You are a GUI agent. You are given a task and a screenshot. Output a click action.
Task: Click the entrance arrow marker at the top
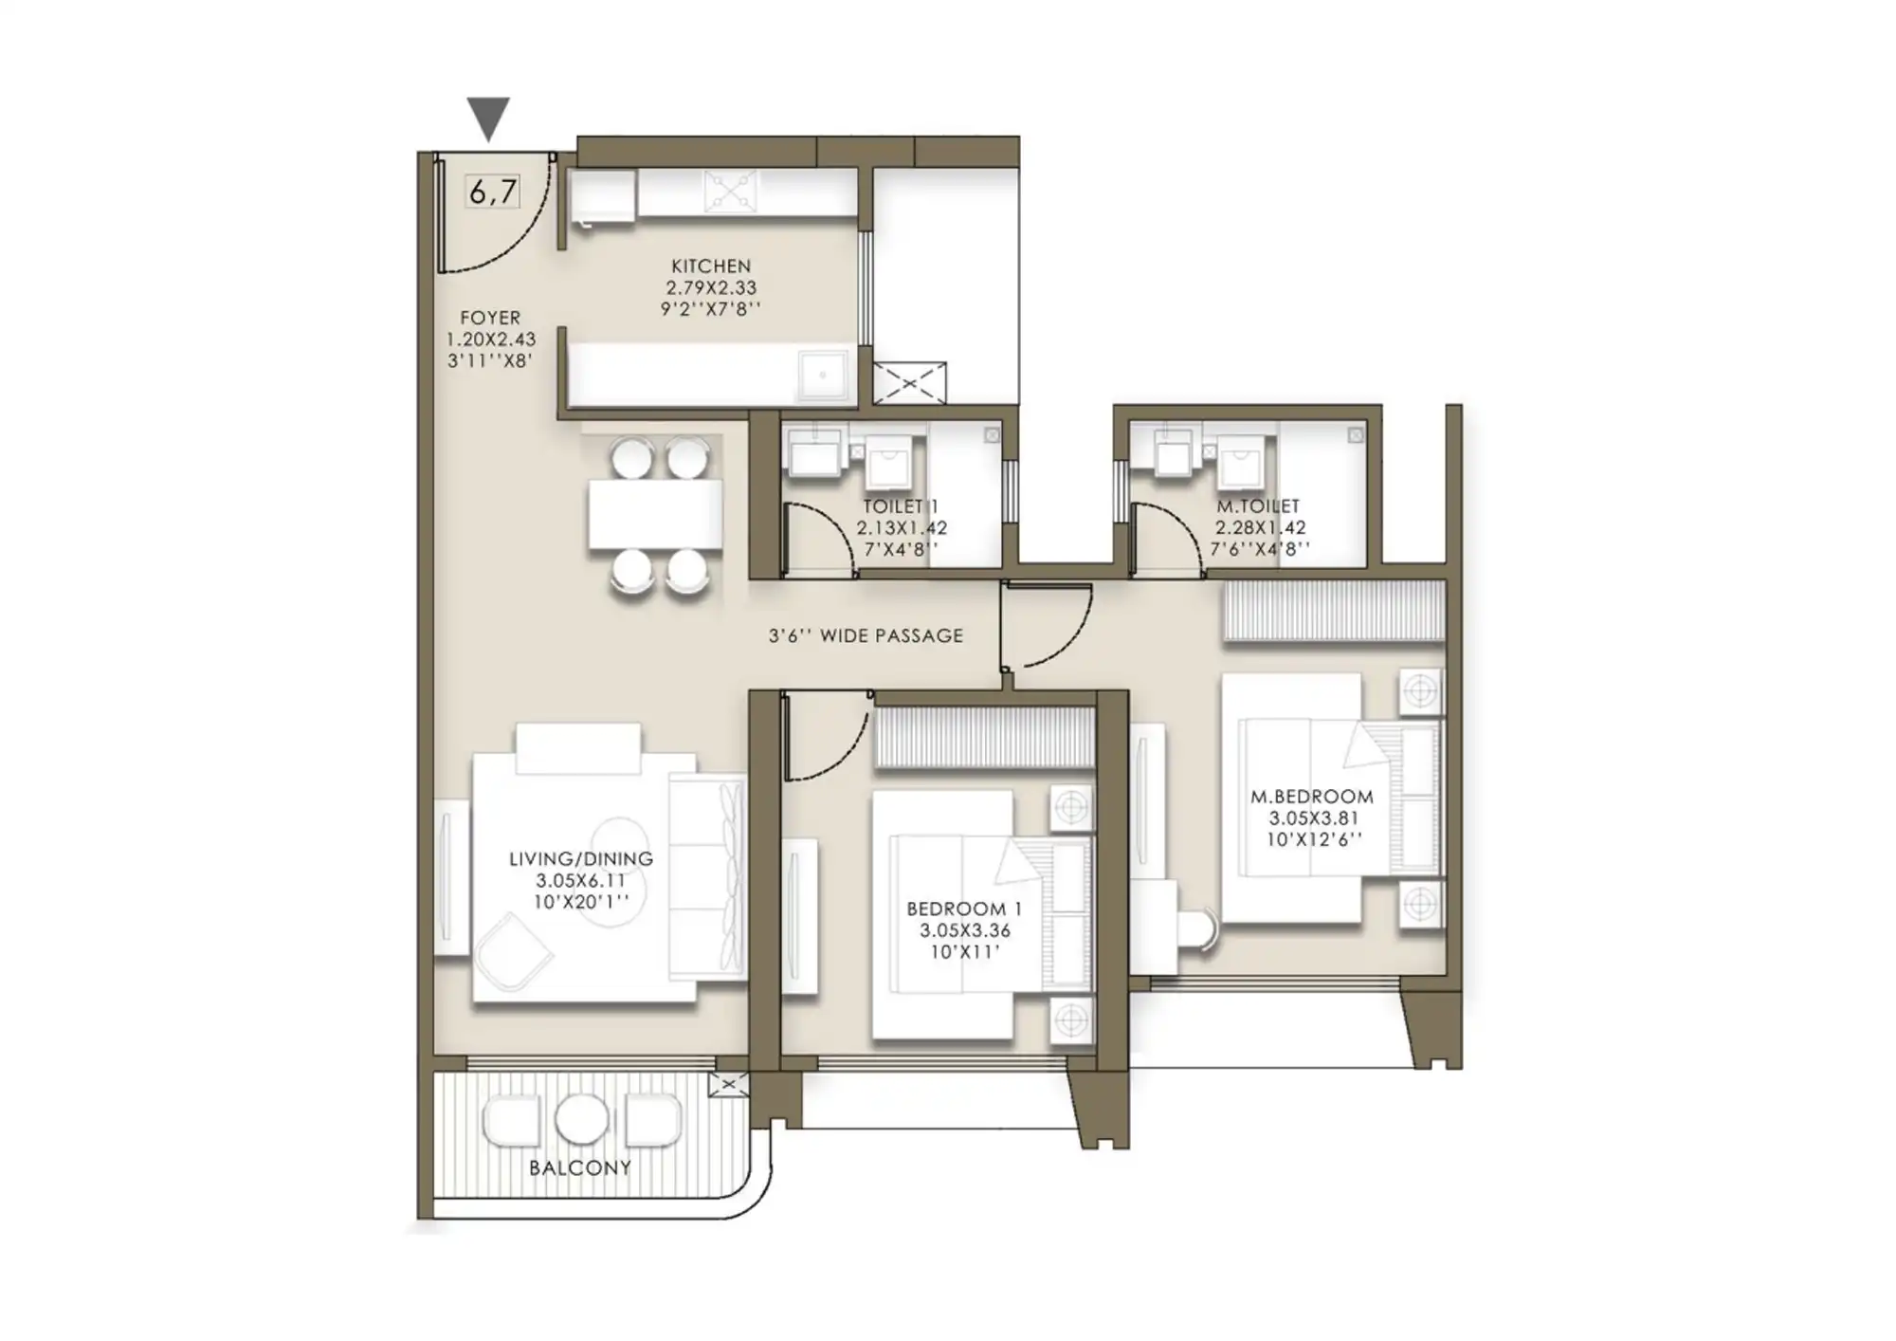tap(489, 117)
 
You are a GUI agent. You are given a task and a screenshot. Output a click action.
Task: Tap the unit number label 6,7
tap(493, 192)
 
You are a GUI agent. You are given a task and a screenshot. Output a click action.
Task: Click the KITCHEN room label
tap(711, 266)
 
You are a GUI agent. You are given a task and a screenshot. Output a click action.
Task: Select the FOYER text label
tap(490, 318)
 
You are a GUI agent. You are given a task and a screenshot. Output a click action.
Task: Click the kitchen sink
tap(822, 376)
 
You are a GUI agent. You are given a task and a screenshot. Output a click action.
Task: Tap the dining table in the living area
tap(654, 514)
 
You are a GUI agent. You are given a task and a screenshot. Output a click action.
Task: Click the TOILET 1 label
tap(900, 506)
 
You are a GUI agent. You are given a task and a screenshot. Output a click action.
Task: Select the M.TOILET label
tap(1258, 506)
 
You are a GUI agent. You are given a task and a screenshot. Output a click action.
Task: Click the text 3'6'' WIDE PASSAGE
tap(866, 636)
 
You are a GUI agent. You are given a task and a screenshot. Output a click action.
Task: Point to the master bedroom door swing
tap(1048, 626)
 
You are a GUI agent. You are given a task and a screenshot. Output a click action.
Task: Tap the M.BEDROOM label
tap(1312, 797)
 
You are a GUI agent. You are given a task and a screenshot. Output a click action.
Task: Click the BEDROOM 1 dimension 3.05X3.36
tap(964, 930)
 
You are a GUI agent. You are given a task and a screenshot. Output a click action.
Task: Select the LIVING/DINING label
tap(581, 858)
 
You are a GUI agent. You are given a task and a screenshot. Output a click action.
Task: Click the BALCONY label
tap(580, 1167)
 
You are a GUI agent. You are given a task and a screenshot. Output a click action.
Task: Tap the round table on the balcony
tap(581, 1119)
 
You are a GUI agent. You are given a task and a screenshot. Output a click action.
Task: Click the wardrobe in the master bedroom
tap(1333, 611)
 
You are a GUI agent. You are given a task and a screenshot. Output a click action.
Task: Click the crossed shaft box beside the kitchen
tap(909, 383)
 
